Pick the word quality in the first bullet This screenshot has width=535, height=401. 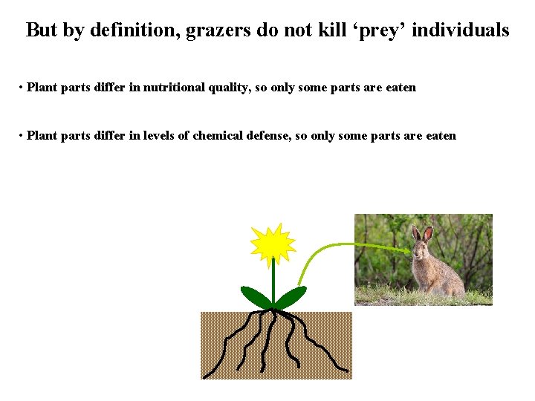point(228,88)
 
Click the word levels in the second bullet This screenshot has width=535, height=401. point(155,136)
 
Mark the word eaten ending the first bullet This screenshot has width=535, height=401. point(401,88)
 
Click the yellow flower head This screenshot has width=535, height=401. point(273,244)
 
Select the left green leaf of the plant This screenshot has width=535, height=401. point(255,297)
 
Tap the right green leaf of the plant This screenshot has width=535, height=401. point(292,297)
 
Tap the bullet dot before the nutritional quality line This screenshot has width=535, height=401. point(21,88)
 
